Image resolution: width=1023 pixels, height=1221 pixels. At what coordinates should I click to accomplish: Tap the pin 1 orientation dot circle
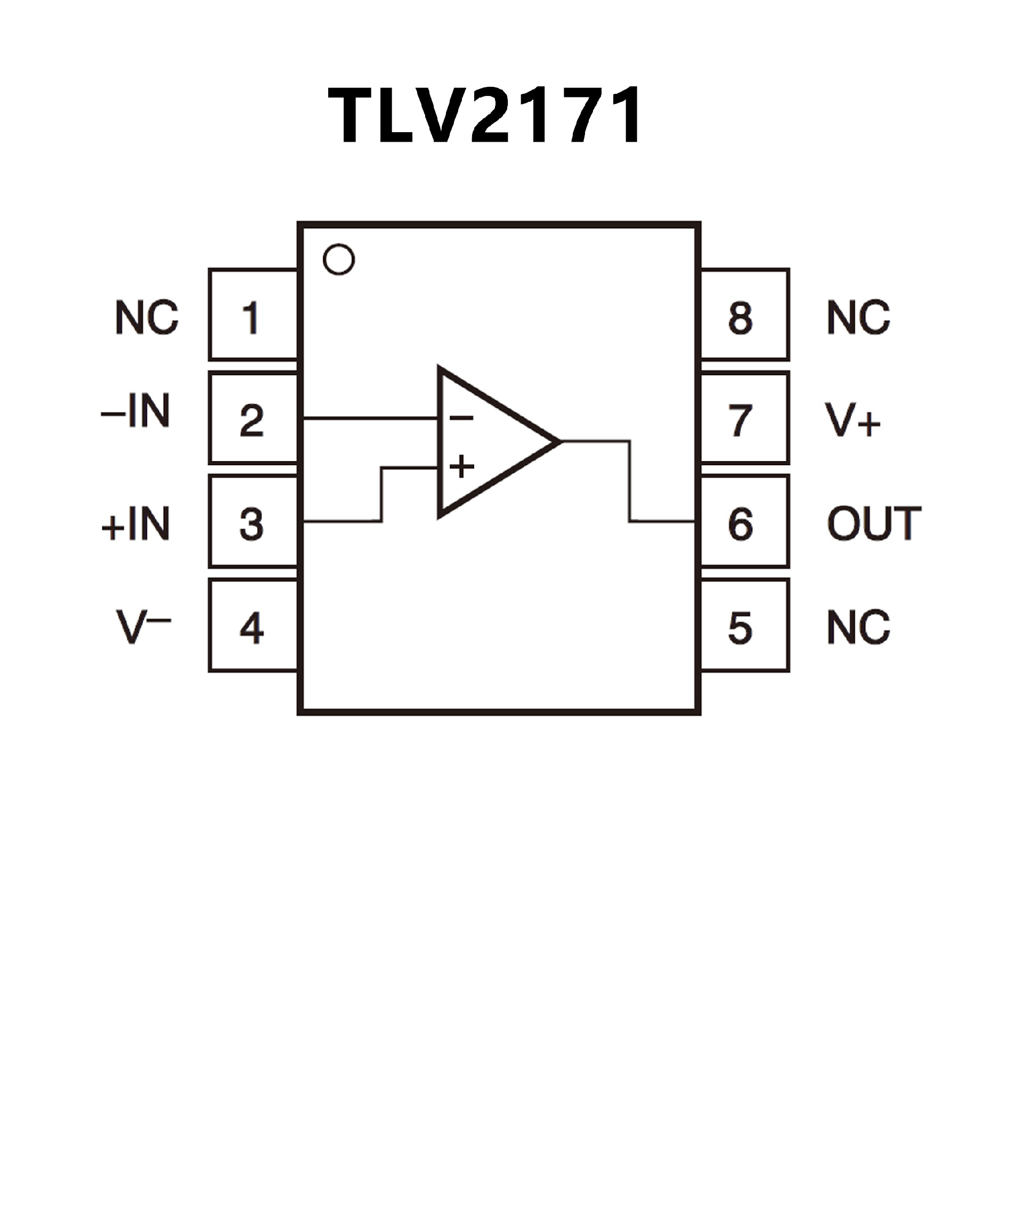[338, 260]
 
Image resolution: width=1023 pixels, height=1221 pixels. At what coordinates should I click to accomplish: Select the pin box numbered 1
[254, 314]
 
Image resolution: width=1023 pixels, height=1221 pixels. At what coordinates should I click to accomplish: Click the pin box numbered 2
[254, 418]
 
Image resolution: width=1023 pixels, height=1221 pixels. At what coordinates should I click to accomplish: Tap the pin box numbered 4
[254, 626]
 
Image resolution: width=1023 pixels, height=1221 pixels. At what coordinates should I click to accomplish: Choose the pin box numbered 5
[744, 626]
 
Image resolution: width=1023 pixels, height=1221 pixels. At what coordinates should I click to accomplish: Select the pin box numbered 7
[744, 418]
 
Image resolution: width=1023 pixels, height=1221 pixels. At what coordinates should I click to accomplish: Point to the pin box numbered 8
[744, 314]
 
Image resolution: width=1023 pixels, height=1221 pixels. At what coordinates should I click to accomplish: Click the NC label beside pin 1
[147, 318]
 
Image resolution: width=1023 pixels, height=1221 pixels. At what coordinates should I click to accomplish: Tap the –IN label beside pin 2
[135, 411]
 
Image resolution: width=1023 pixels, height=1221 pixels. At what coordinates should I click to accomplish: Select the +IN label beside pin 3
[135, 523]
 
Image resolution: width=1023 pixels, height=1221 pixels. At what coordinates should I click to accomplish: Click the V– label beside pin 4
[143, 627]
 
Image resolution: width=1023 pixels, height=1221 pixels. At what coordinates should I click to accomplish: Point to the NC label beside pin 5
[858, 628]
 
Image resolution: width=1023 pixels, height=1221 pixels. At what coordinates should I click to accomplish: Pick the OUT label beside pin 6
[874, 523]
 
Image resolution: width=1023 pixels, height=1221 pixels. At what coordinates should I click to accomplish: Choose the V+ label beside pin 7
[852, 420]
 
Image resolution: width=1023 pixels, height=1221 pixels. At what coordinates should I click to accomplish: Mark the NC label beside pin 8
[858, 318]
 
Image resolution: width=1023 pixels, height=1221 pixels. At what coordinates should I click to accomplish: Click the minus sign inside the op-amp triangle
[461, 417]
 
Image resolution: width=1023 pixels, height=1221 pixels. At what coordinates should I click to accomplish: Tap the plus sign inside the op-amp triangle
[461, 466]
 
